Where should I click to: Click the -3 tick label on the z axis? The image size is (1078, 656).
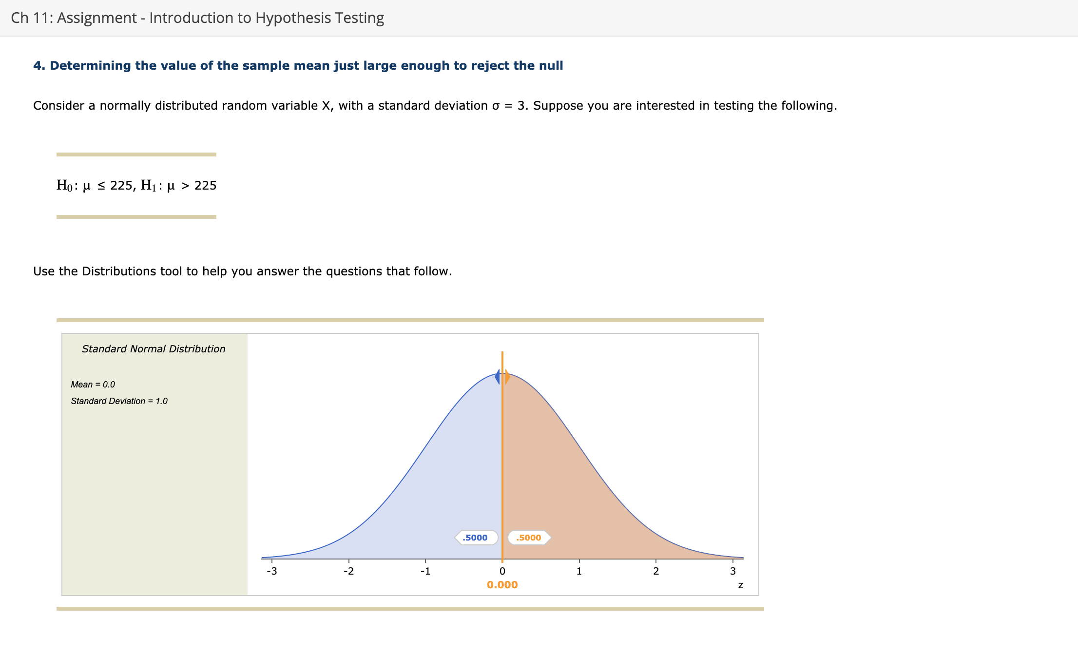(272, 571)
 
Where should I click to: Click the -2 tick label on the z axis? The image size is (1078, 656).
(348, 571)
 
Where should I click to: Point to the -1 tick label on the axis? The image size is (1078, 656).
(425, 571)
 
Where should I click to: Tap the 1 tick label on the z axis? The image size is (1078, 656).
(579, 571)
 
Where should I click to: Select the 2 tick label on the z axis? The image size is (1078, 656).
(656, 571)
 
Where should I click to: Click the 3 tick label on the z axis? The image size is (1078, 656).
(733, 571)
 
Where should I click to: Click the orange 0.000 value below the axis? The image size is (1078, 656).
(502, 585)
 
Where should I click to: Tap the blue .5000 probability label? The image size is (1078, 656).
(475, 538)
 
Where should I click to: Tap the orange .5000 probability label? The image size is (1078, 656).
(529, 538)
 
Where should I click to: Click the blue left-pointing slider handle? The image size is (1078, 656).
(498, 377)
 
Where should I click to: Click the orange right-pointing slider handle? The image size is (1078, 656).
(507, 377)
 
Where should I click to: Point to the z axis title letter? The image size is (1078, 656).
(740, 585)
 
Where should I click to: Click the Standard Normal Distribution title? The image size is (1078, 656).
(154, 349)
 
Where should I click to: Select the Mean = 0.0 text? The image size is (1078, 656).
(93, 385)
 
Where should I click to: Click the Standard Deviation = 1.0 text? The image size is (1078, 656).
(119, 401)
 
